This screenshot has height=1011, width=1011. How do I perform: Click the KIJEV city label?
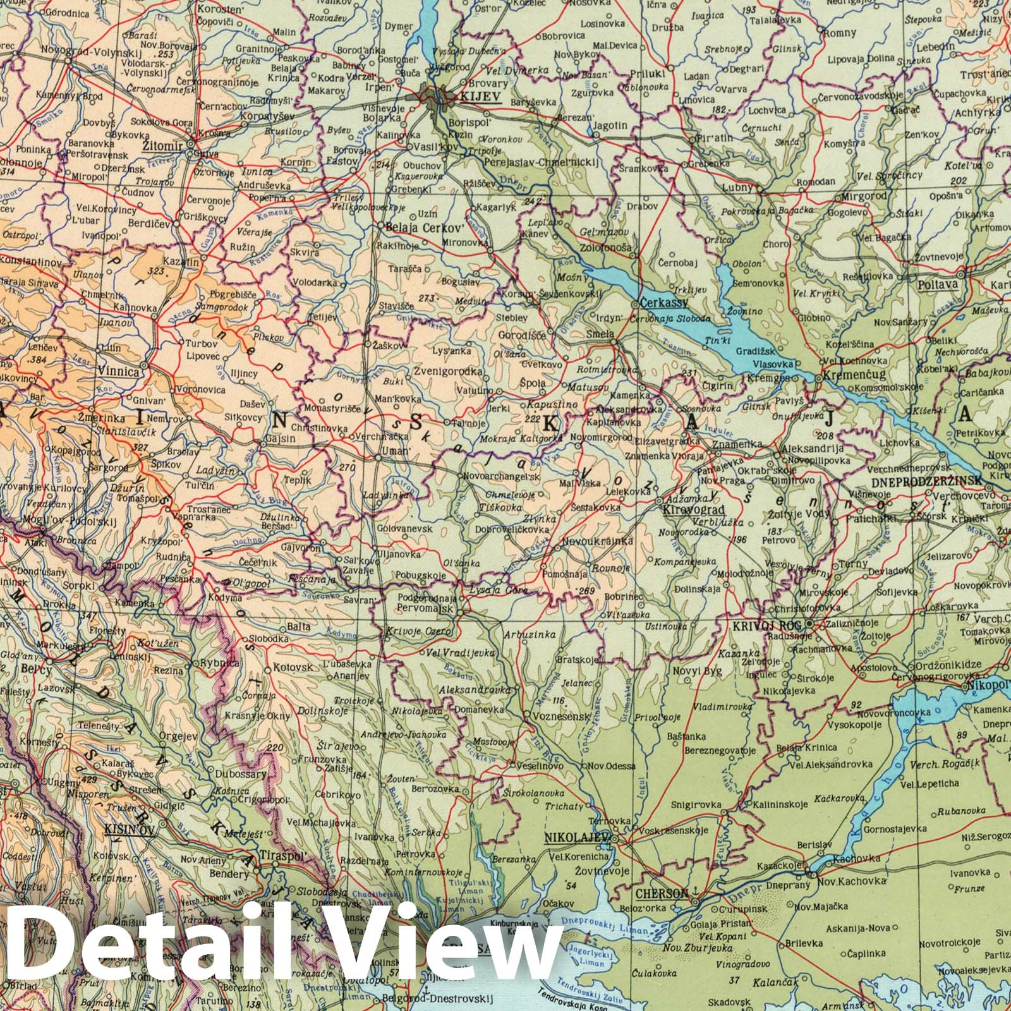(481, 98)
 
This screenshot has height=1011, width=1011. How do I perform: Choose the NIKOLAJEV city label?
(576, 838)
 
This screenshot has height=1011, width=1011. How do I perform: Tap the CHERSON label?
(661, 894)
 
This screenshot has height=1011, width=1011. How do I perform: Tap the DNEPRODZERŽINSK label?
(926, 481)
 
